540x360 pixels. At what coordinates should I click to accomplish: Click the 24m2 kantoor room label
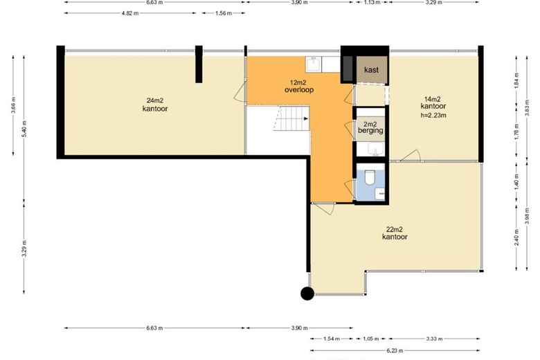(155, 105)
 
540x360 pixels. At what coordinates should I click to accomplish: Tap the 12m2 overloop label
(299, 86)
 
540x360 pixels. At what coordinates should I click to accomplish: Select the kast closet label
(371, 70)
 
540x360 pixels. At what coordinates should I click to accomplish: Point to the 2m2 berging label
(370, 127)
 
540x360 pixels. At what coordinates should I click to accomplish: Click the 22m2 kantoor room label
(395, 233)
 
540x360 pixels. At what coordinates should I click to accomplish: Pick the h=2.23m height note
(433, 116)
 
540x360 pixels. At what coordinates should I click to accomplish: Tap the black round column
(307, 294)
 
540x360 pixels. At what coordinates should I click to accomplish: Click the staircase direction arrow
(306, 119)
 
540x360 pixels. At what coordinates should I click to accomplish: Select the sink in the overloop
(314, 64)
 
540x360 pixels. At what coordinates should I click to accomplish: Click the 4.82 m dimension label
(130, 13)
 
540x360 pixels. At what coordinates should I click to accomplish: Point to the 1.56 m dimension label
(224, 13)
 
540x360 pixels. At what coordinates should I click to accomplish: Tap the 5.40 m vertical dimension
(24, 129)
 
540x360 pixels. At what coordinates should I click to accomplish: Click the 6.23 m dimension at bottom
(395, 351)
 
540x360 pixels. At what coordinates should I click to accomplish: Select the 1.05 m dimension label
(371, 339)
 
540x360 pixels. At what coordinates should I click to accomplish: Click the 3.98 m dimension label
(528, 215)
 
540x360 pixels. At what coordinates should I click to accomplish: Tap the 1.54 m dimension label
(332, 339)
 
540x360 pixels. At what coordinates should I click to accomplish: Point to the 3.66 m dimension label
(13, 105)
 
